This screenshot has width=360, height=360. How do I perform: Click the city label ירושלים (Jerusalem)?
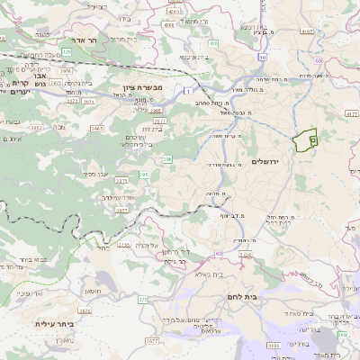tap(268, 160)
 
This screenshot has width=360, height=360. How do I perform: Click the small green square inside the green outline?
tap(312, 139)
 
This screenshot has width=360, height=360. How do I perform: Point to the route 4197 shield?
tap(307, 31)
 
